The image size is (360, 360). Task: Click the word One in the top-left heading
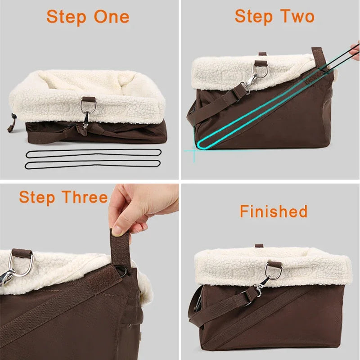click(x=112, y=17)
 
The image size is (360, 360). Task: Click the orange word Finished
click(x=274, y=211)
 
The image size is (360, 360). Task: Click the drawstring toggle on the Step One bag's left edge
click(x=12, y=118)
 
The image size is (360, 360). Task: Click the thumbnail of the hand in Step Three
click(x=117, y=231)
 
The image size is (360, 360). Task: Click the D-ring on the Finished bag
click(x=273, y=270)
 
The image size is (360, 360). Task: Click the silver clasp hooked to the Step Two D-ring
click(x=249, y=85)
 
